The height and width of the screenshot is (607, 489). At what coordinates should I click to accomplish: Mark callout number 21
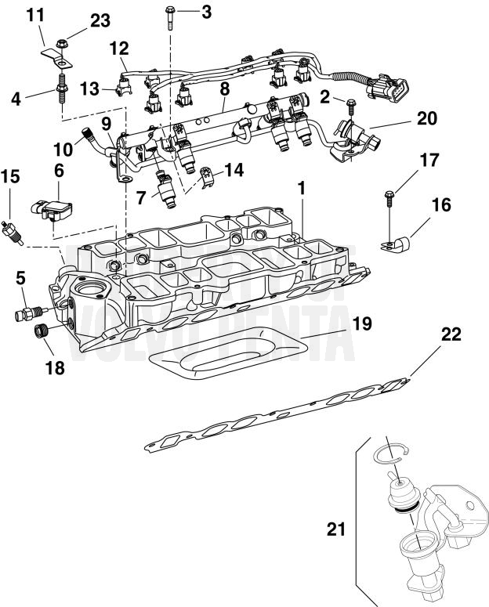(335, 529)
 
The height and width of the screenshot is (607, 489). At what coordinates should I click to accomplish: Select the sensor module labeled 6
(56, 206)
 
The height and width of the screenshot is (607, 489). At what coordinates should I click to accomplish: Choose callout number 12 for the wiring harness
(118, 48)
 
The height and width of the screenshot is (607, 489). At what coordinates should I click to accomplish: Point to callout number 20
(426, 118)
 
